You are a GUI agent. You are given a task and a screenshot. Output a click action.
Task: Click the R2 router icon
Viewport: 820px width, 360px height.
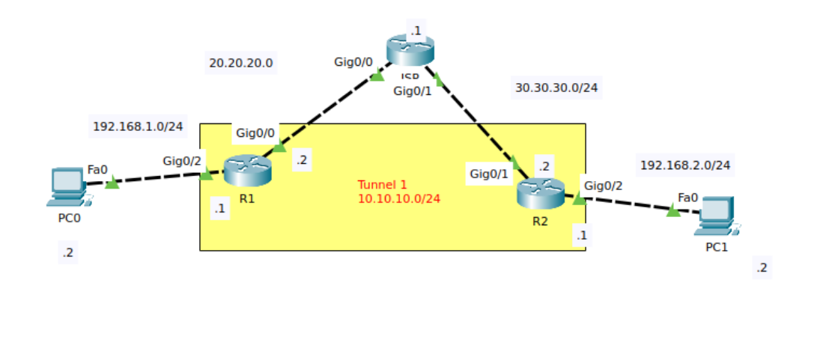click(x=540, y=193)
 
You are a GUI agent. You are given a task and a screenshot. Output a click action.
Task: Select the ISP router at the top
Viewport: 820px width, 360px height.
click(x=410, y=50)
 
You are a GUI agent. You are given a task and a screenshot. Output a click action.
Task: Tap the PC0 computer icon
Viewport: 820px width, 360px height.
click(x=68, y=186)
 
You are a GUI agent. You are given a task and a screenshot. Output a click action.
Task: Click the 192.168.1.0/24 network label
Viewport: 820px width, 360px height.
click(x=138, y=126)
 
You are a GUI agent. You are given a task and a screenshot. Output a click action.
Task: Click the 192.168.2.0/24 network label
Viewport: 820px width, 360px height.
click(x=685, y=165)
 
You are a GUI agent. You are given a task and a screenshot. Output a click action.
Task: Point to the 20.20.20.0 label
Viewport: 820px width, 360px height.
click(x=240, y=63)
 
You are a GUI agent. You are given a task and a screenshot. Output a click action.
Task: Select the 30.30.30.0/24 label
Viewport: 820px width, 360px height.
click(x=556, y=88)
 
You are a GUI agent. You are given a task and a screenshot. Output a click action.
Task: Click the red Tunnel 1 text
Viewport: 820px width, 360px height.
click(x=382, y=185)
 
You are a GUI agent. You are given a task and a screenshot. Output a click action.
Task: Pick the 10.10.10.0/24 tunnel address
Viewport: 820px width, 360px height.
click(x=398, y=198)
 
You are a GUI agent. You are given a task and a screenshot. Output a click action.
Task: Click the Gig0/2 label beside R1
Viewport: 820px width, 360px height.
click(x=182, y=161)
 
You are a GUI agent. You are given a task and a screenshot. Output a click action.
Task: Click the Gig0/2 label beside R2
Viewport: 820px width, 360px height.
click(x=603, y=186)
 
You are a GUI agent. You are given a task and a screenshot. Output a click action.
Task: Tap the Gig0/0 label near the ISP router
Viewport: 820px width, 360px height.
click(x=353, y=61)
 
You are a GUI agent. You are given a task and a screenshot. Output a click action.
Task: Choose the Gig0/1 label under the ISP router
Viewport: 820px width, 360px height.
click(x=413, y=91)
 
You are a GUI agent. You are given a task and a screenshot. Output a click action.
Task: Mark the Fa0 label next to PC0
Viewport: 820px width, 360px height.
click(x=97, y=170)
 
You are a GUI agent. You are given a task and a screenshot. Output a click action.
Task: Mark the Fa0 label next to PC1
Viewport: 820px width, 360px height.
click(x=687, y=198)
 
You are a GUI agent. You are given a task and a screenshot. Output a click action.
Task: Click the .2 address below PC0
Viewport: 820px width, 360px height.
click(x=67, y=253)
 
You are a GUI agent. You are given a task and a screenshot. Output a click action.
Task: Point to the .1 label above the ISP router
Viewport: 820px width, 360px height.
click(x=415, y=31)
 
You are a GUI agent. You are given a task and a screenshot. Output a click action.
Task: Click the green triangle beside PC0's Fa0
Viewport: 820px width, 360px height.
click(x=112, y=183)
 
